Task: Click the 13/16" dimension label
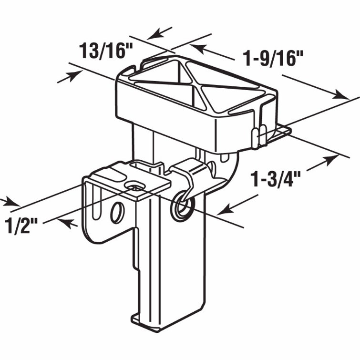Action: pos(106,51)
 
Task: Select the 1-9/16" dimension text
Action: pos(274,59)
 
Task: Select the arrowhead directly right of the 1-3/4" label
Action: pos(331,160)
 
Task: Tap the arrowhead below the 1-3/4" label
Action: pos(226,209)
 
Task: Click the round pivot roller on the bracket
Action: pos(183,206)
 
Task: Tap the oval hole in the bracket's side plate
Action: pos(117,213)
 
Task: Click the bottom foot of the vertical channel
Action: pos(147,321)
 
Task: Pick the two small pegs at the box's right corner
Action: pos(259,136)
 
